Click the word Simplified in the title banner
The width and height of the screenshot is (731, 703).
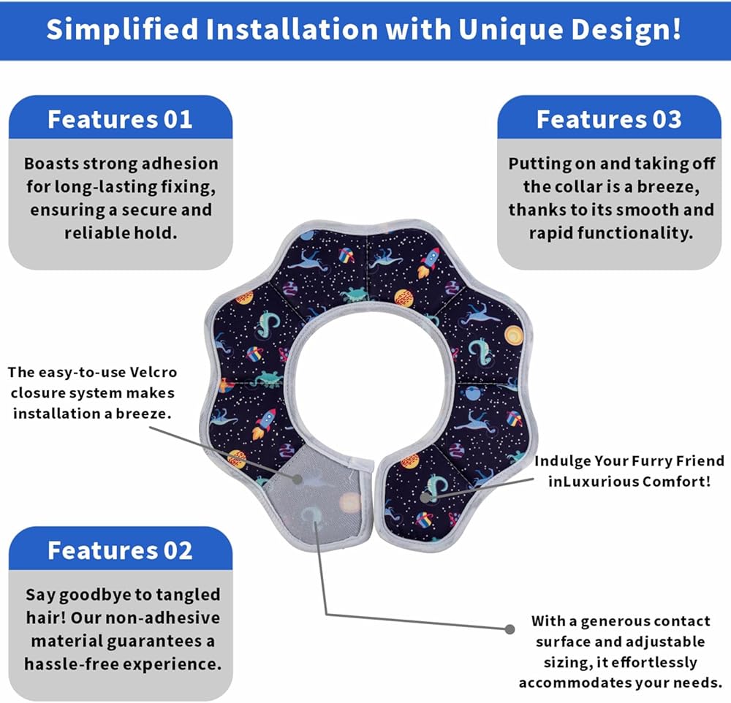tap(123, 29)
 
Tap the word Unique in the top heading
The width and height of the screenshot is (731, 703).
tap(510, 29)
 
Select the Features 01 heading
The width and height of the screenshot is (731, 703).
tap(120, 119)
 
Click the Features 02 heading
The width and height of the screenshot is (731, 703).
tap(120, 550)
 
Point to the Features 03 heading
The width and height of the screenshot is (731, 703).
tap(609, 119)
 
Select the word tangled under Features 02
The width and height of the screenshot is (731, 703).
tap(188, 596)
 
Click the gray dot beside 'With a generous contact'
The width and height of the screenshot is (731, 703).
tap(510, 629)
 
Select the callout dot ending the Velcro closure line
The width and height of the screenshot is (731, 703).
tap(297, 479)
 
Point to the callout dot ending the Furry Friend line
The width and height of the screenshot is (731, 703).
tap(425, 498)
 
